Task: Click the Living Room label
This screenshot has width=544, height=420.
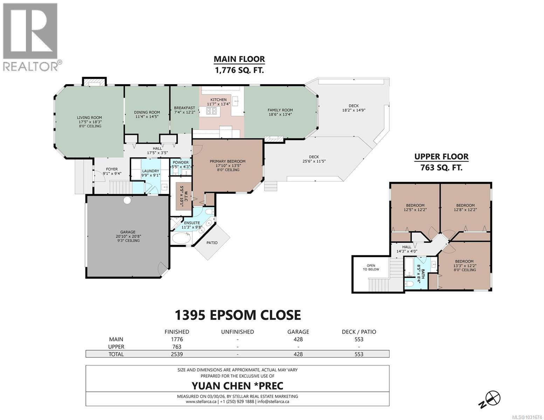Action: tap(89, 118)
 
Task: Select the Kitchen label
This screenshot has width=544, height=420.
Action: tap(218, 100)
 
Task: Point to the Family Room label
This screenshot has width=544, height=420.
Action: tap(280, 110)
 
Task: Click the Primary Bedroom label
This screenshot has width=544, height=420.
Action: tap(227, 161)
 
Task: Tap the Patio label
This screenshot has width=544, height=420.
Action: tap(212, 243)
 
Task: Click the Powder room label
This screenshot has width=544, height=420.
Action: tap(180, 162)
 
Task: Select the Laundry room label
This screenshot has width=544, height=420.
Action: tap(150, 171)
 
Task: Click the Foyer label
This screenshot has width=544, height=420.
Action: tap(112, 169)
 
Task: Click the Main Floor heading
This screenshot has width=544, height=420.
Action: tap(239, 59)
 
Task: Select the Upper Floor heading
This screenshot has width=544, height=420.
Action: tap(441, 157)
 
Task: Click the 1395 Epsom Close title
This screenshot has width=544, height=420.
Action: tap(237, 315)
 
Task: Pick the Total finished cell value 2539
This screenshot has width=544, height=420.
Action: tap(177, 354)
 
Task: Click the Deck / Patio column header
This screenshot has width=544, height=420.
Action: tap(359, 332)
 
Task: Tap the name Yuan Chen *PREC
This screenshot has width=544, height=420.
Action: tap(237, 386)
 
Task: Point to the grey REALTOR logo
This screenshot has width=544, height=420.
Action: tap(32, 37)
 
